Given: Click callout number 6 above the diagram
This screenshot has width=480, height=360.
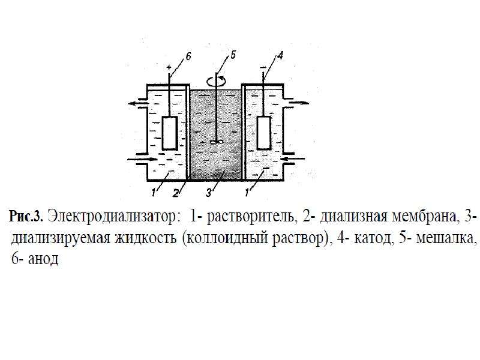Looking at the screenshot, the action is click(x=188, y=56).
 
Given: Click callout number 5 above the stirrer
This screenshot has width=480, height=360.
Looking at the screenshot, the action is click(x=233, y=55).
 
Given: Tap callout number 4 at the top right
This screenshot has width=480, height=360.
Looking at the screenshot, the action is click(x=280, y=56).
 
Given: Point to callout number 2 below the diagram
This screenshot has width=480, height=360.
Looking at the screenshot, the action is click(x=176, y=193).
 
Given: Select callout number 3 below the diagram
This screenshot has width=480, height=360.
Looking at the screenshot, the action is click(x=209, y=193).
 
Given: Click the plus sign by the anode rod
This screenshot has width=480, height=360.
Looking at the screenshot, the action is click(x=169, y=67).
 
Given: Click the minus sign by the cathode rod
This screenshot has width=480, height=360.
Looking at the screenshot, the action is click(x=263, y=67).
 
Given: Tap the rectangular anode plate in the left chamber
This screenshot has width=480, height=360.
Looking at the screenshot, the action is click(x=170, y=133).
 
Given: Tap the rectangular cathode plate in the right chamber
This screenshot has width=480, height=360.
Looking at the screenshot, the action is click(x=263, y=133).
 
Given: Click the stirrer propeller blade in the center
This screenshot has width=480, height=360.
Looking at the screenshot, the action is click(x=217, y=142).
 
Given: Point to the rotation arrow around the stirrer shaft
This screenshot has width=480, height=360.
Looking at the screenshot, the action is click(x=216, y=82).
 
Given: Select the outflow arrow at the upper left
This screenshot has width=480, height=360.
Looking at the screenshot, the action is click(x=137, y=103).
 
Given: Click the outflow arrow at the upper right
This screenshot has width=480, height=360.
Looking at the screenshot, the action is click(x=298, y=103).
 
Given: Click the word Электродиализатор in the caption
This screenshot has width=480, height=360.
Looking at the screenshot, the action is click(x=112, y=217).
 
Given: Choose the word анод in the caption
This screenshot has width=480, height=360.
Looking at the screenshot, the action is click(x=43, y=259).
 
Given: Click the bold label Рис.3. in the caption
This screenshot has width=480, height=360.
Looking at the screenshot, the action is click(x=26, y=217).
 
